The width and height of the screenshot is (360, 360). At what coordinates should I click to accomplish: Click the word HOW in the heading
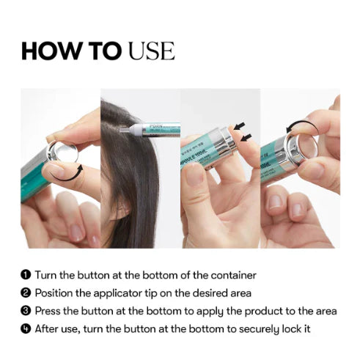pos(51,51)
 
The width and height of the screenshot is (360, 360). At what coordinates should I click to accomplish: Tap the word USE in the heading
pos(152,51)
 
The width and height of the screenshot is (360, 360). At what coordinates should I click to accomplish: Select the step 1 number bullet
pos(26,275)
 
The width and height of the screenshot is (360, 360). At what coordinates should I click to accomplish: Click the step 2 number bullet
pos(26,293)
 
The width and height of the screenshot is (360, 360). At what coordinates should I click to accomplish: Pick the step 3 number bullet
pos(26,311)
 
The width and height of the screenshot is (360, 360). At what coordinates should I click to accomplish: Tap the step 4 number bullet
pos(26,329)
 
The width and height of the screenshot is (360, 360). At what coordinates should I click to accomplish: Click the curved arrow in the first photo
pos(65,179)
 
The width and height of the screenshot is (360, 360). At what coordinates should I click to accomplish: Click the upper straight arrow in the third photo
pos(240,126)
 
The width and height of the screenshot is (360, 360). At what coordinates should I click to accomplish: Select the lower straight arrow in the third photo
pos(246,138)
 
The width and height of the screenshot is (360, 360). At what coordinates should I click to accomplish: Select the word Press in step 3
pos(48,311)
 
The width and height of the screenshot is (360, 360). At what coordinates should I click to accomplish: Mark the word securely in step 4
pos(259,329)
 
